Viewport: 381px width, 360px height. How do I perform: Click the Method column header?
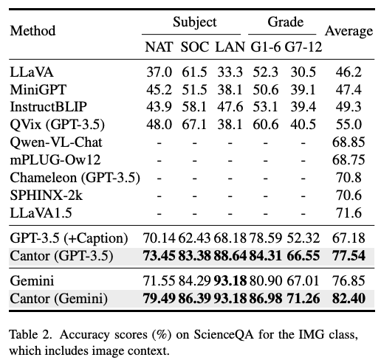pyautogui.click(x=32, y=31)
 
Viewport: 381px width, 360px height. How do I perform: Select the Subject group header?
pyautogui.click(x=194, y=22)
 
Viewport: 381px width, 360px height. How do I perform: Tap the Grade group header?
pyautogui.click(x=285, y=22)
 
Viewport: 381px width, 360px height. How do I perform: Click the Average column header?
pyautogui.click(x=349, y=31)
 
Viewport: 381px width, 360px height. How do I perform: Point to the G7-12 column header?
pyautogui.click(x=303, y=46)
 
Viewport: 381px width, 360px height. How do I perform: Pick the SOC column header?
pyautogui.click(x=195, y=46)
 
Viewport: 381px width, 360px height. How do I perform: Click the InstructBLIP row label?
pyautogui.click(x=48, y=107)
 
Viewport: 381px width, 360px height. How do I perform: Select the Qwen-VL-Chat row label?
pyautogui.click(x=56, y=142)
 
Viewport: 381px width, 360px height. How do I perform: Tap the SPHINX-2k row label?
pyautogui.click(x=47, y=195)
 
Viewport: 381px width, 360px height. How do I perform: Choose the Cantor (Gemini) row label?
pyautogui.click(x=58, y=299)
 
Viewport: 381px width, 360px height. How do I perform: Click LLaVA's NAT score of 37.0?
pyautogui.click(x=159, y=72)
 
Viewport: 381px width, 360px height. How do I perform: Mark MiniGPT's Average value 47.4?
pyautogui.click(x=349, y=90)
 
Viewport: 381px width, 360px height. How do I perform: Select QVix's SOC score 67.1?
pyautogui.click(x=194, y=125)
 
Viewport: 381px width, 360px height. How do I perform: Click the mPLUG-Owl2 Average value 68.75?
pyautogui.click(x=349, y=160)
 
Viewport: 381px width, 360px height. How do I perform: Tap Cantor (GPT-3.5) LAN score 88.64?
pyautogui.click(x=230, y=256)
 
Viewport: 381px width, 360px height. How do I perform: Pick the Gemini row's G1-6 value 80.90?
pyautogui.click(x=265, y=281)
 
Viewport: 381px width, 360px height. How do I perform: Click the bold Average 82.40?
pyautogui.click(x=349, y=299)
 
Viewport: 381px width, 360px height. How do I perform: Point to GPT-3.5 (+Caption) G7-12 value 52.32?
pyautogui.click(x=303, y=238)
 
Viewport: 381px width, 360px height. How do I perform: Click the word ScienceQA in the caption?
pyautogui.click(x=224, y=335)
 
